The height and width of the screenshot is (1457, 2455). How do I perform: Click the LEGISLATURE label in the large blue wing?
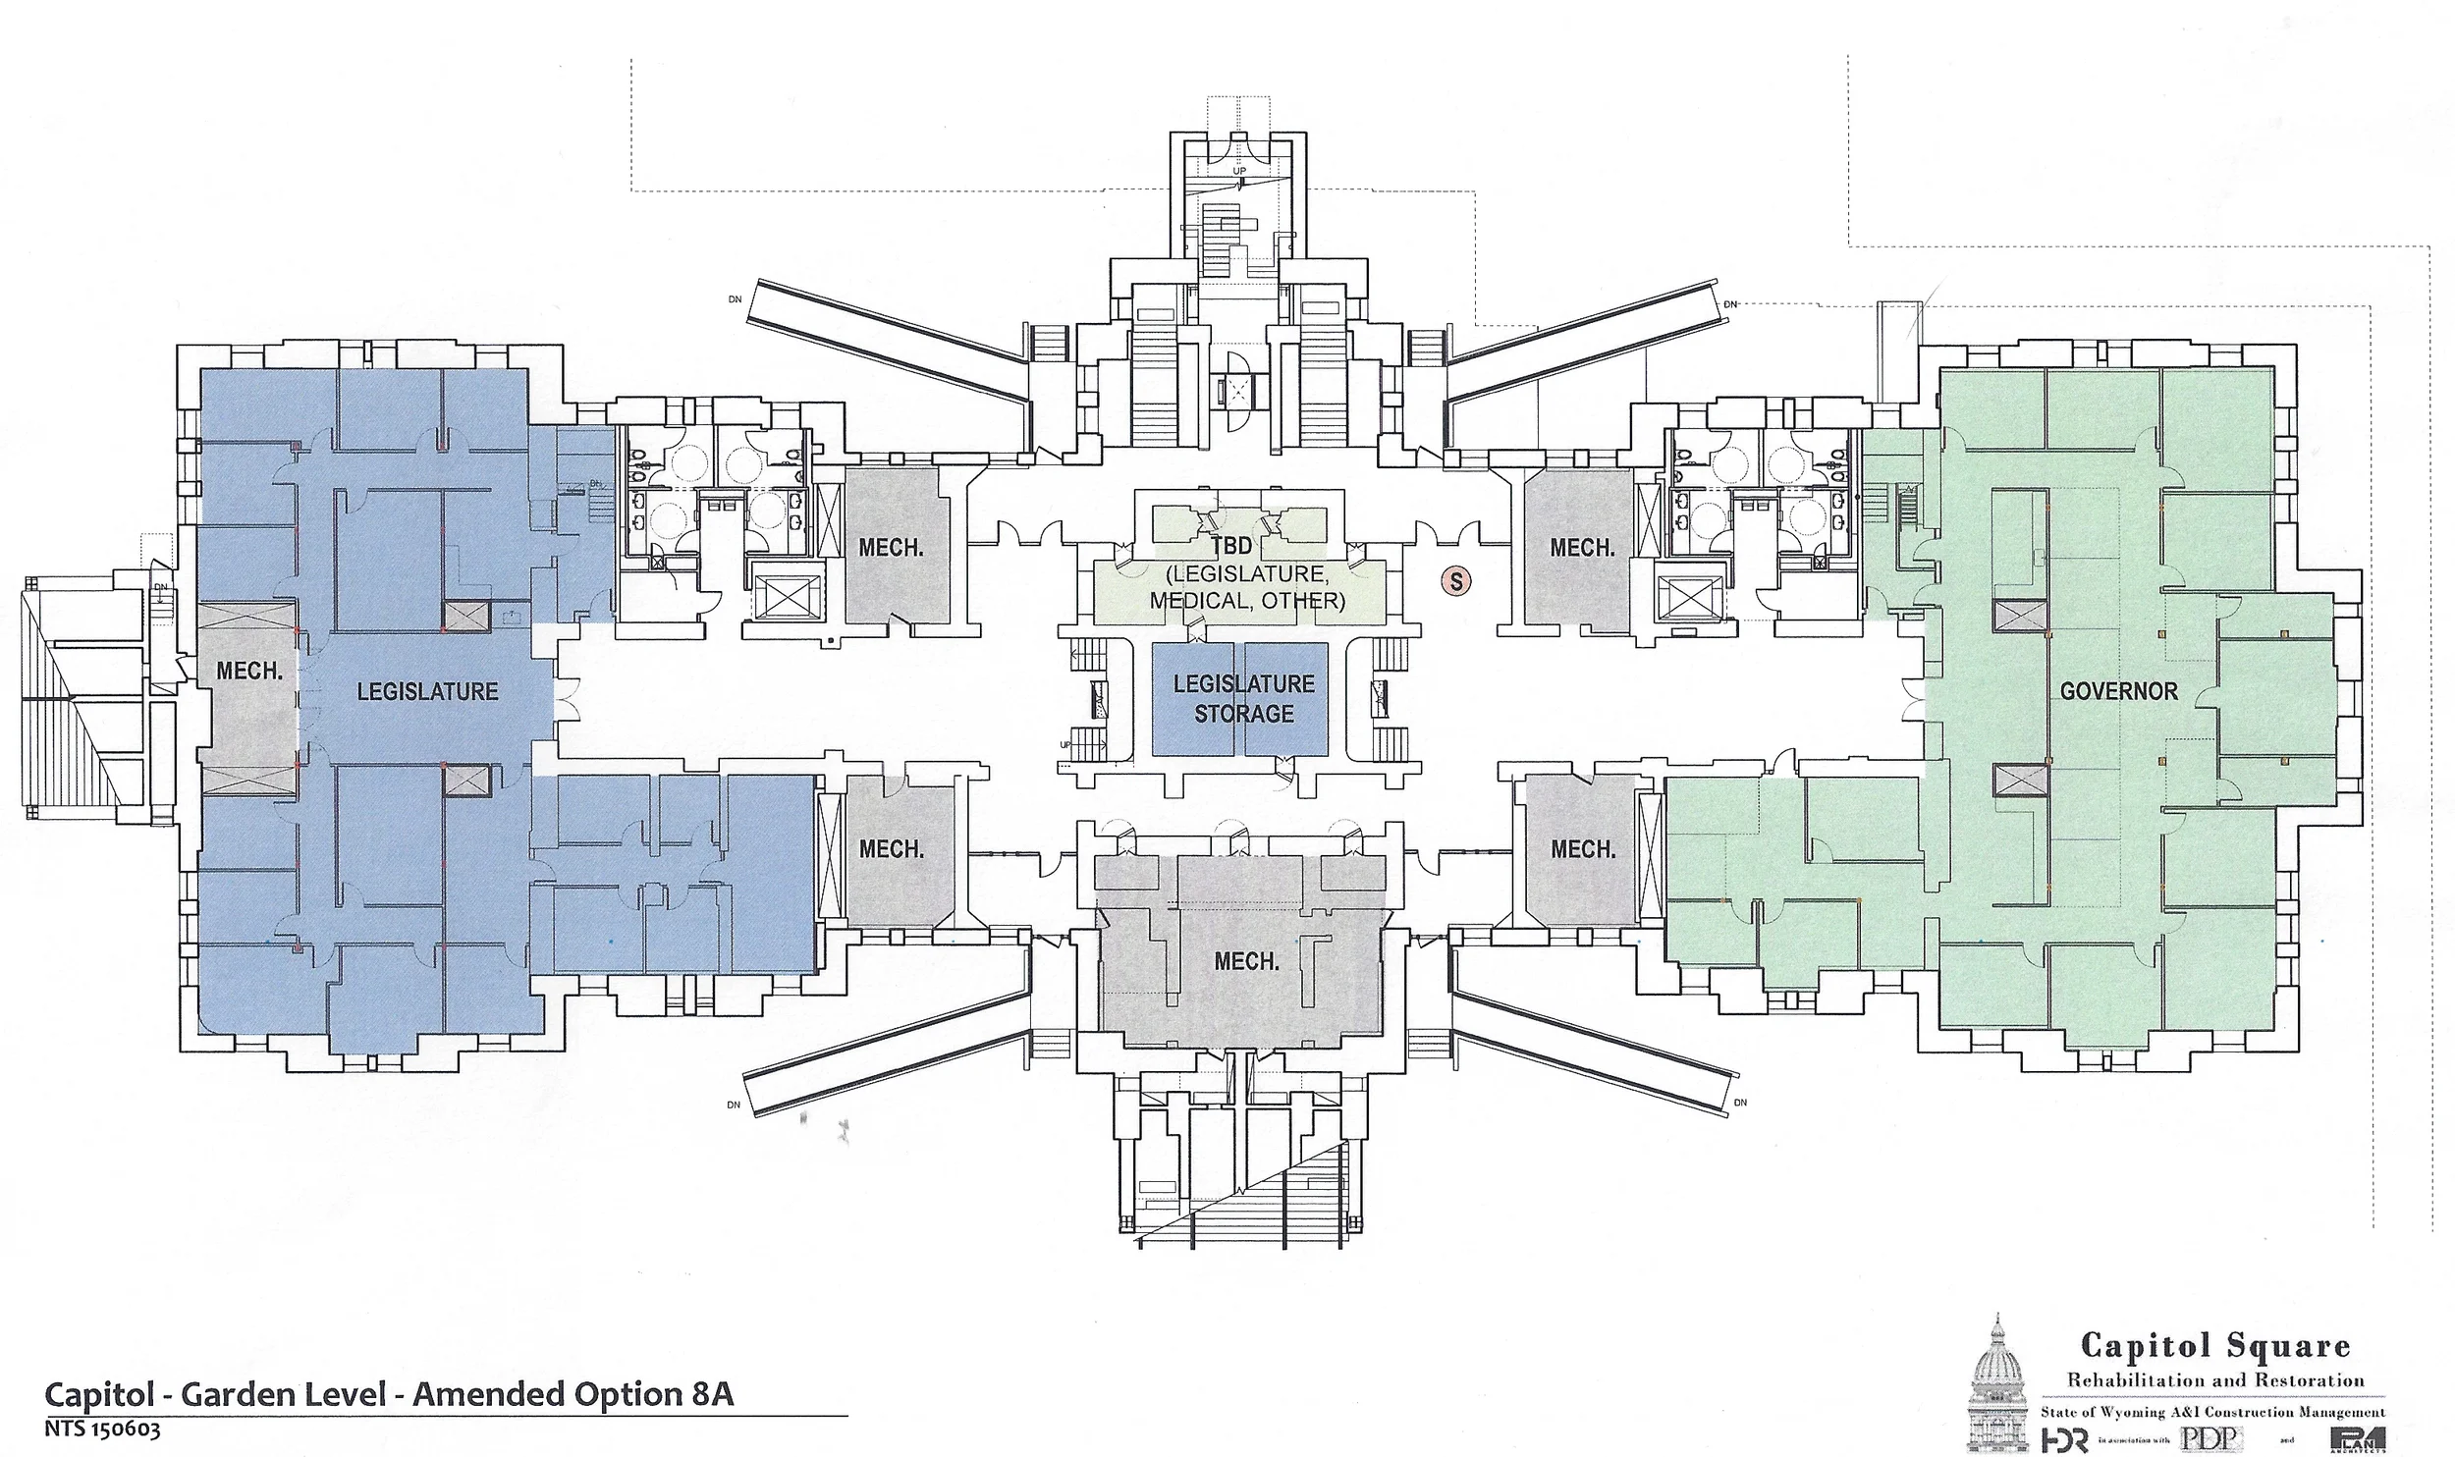coord(427,691)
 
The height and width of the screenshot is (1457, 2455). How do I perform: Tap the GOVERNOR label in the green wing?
coord(2118,691)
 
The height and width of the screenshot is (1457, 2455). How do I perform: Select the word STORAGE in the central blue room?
coord(1243,714)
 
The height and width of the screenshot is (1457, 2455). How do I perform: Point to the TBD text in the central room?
coord(1231,546)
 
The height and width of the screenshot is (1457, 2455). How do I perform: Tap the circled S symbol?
coord(1455,581)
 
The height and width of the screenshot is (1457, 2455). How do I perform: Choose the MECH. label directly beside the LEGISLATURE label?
coord(249,671)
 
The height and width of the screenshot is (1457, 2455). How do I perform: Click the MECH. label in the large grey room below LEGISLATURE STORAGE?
coord(1246,961)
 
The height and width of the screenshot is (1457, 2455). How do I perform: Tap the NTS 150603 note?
coord(101,1430)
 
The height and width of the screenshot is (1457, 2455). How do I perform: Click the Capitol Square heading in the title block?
coord(2215,1345)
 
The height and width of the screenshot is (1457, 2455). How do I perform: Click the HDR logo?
coord(2064,1439)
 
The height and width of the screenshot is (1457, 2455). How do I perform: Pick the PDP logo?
coord(2210,1438)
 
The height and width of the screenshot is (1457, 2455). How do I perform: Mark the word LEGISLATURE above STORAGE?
coord(1243,683)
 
